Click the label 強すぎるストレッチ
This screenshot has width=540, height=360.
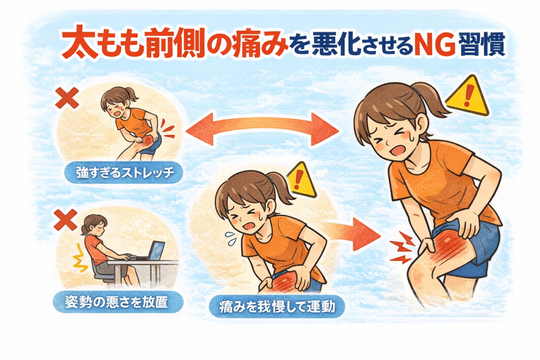[x=124, y=172]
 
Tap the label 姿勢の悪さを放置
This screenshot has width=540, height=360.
[x=117, y=302]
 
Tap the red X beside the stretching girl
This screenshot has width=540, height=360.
[x=67, y=98]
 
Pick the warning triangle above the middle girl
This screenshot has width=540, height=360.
[x=301, y=180]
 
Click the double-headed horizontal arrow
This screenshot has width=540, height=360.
[x=262, y=129]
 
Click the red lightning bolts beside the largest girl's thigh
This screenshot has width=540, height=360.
[x=401, y=247]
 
